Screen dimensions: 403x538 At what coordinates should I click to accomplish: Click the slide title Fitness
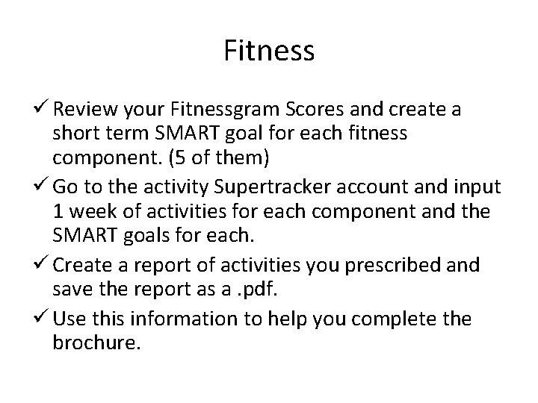point(269,51)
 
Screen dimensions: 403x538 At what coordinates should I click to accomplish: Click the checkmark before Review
point(43,110)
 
